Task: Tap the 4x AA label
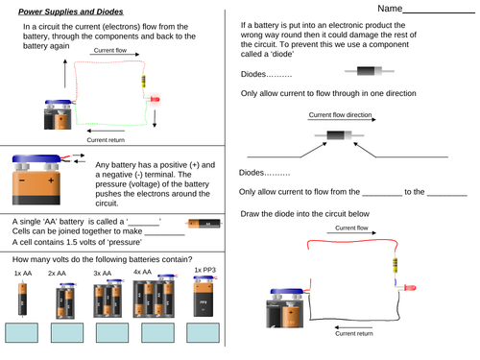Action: (x=142, y=273)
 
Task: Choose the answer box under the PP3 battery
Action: (x=203, y=332)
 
